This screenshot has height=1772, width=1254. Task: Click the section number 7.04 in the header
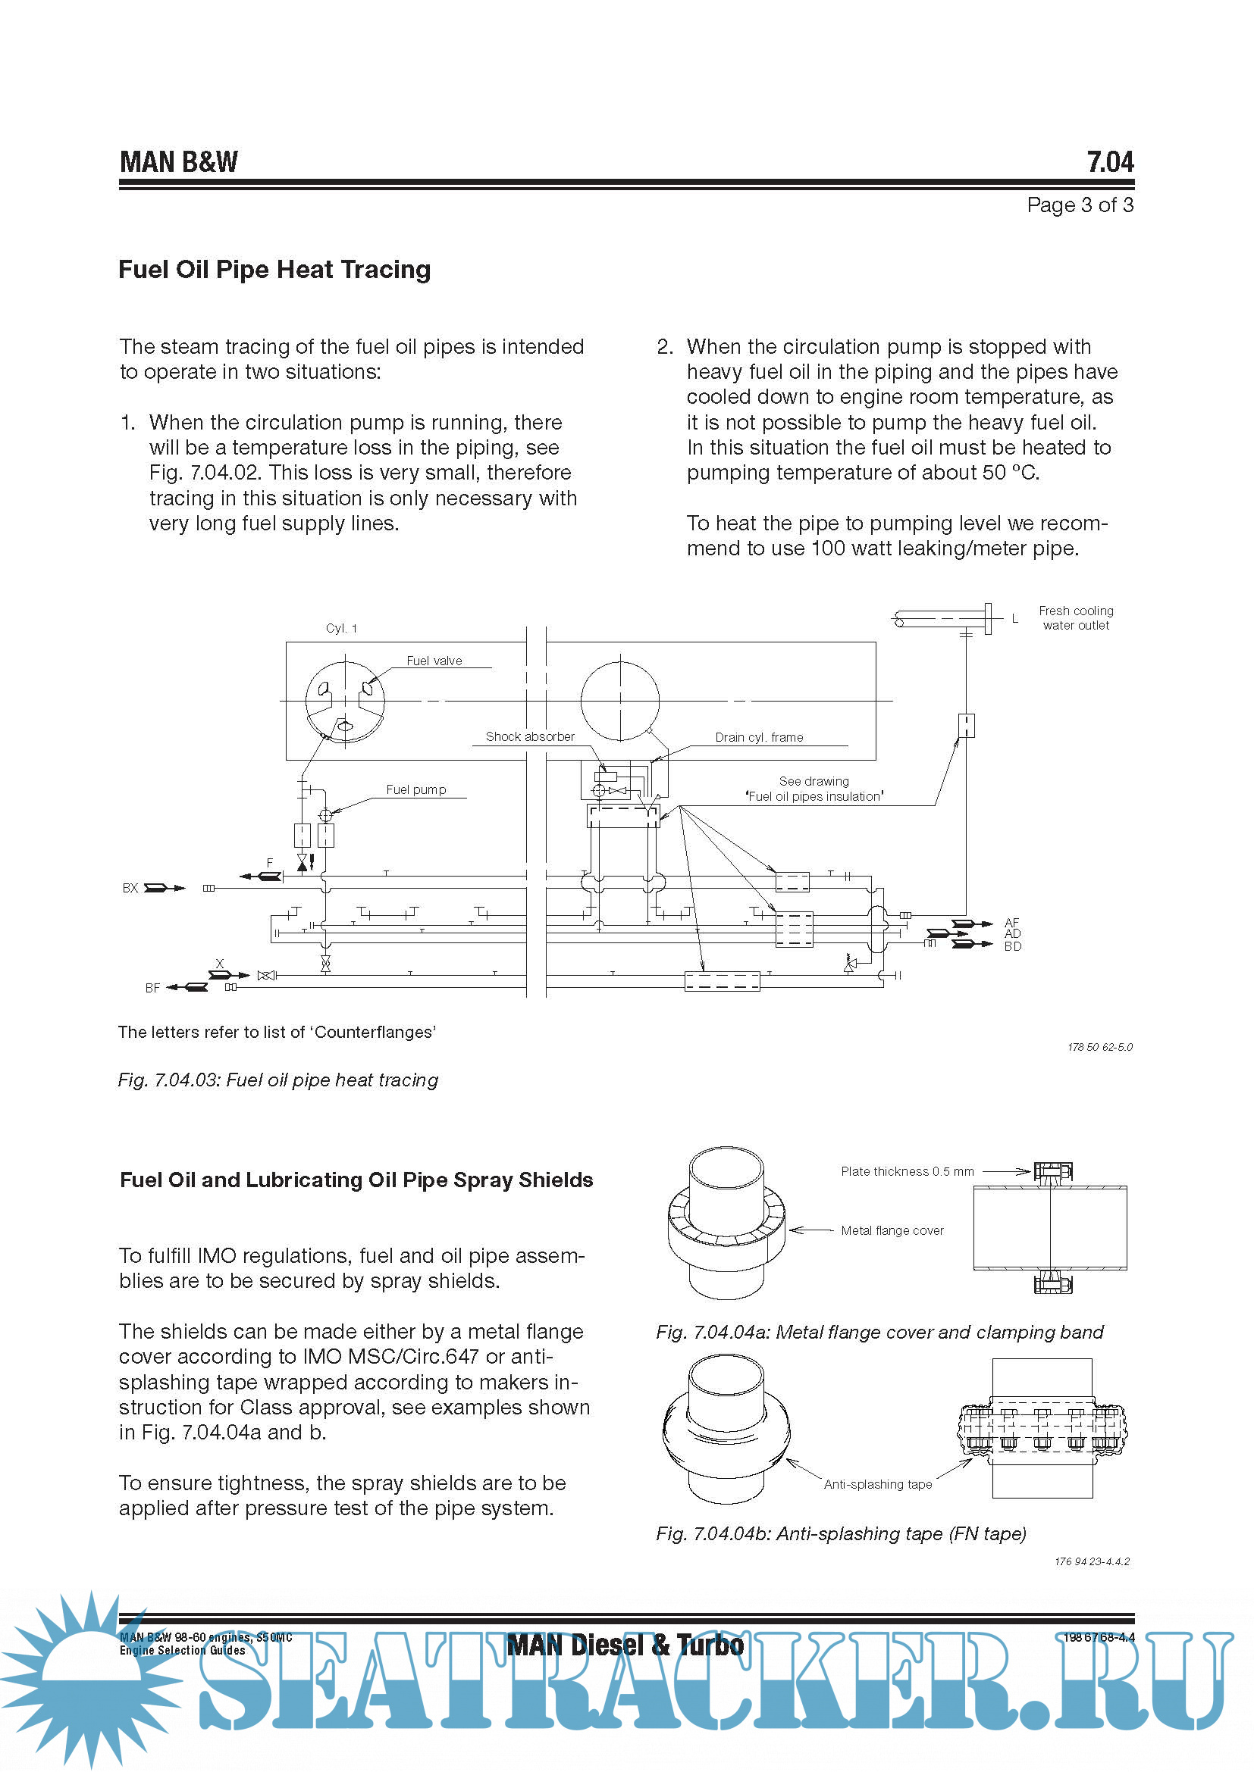click(x=1110, y=162)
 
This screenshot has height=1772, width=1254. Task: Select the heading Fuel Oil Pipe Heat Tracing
click(x=274, y=270)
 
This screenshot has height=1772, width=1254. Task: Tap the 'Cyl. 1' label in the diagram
click(x=341, y=628)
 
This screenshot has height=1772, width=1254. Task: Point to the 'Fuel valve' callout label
click(x=434, y=661)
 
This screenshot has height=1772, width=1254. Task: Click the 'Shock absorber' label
click(x=530, y=736)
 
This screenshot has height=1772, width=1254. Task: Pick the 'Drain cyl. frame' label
click(x=758, y=737)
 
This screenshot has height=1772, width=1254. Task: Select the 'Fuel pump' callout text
click(x=415, y=789)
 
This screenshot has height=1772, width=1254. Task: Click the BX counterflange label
click(x=130, y=889)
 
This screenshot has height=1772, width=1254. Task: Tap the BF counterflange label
click(x=152, y=988)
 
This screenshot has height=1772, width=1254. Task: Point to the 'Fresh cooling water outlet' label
click(x=1076, y=618)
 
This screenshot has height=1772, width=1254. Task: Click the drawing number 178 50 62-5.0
click(x=1099, y=1047)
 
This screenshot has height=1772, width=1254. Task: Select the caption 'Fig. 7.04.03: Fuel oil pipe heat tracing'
click(x=278, y=1080)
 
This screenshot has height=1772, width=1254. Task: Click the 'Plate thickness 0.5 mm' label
click(x=908, y=1170)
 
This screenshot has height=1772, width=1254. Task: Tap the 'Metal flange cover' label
click(x=892, y=1230)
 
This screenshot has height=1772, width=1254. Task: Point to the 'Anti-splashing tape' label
click(x=877, y=1484)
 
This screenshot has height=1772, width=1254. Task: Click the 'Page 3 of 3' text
click(x=1080, y=205)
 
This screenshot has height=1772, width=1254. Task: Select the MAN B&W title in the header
click(x=178, y=162)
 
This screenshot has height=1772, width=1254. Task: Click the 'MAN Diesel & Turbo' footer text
click(x=625, y=1645)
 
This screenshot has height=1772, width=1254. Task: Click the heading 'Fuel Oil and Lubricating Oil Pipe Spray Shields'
click(x=356, y=1180)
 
